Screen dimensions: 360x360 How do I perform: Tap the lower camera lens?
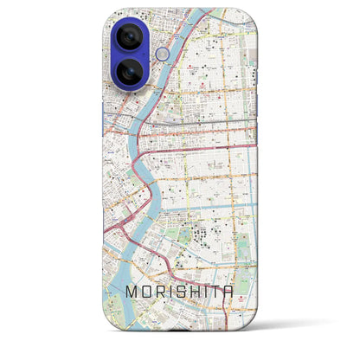point(126,72)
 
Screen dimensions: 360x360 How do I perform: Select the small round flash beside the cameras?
point(161,55)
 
